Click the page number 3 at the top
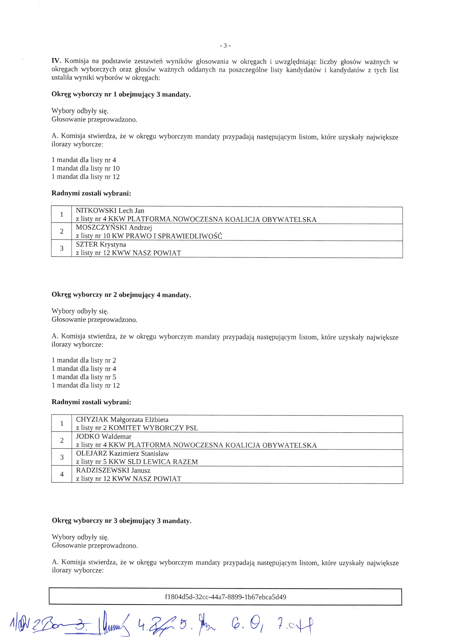[x=225, y=46]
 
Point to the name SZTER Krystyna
[x=101, y=245]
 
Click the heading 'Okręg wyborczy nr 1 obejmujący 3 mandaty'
[x=121, y=94]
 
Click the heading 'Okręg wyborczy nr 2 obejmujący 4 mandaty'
[x=121, y=295]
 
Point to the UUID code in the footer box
[x=225, y=597]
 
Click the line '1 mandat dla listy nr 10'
[x=86, y=168]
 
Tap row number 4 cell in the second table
[x=62, y=474]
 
